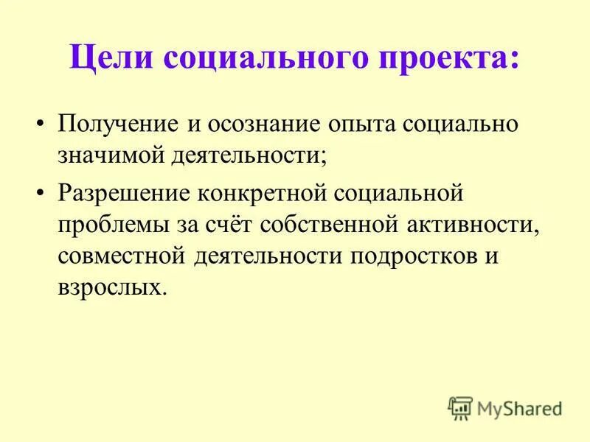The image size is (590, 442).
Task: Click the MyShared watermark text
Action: [x=519, y=407]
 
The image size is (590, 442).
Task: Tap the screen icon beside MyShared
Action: [x=461, y=407]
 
